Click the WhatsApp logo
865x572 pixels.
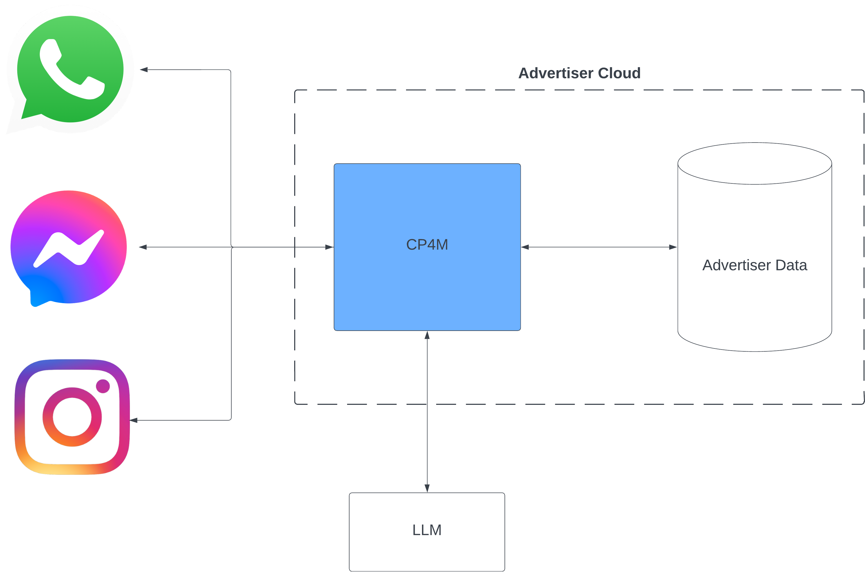[70, 69]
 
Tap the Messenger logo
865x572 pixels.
[69, 247]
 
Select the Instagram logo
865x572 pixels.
[72, 417]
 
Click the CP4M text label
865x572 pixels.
[427, 245]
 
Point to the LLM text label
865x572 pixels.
[427, 530]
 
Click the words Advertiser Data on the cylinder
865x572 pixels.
[754, 265]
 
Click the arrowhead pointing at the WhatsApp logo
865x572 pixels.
[144, 69]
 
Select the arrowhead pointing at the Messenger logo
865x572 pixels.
[143, 247]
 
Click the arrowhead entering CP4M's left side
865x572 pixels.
[329, 247]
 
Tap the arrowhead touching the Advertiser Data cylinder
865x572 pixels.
[673, 247]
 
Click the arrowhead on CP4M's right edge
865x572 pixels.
[525, 247]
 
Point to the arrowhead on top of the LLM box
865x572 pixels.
[427, 488]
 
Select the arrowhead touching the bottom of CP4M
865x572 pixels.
[427, 335]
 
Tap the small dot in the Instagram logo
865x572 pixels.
[103, 386]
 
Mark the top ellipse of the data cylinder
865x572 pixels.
[754, 164]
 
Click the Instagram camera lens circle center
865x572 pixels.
[72, 417]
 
